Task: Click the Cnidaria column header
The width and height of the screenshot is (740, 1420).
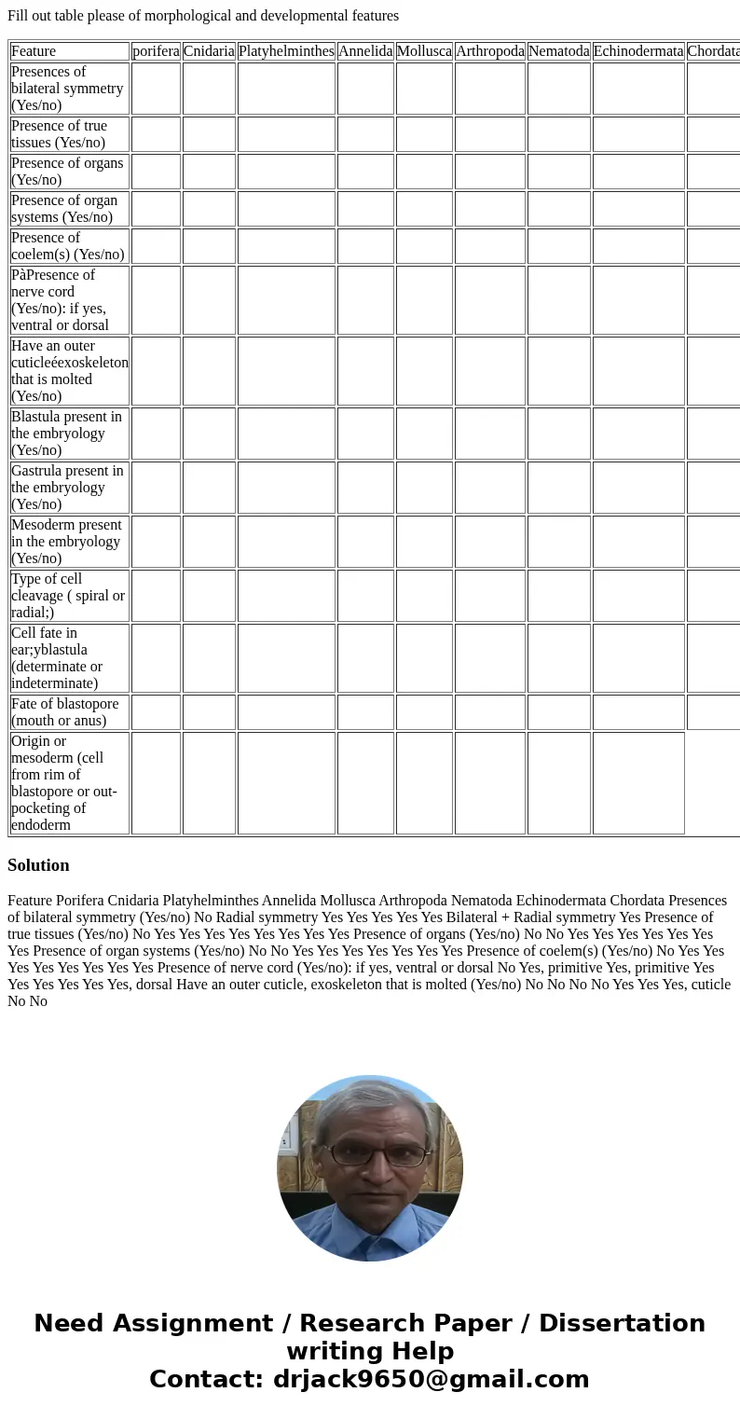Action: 209,51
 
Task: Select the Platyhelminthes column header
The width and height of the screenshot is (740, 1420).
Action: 286,51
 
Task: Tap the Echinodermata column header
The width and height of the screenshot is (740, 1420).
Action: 638,51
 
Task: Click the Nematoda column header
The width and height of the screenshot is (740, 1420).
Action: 558,51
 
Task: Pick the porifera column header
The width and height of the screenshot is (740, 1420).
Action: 156,51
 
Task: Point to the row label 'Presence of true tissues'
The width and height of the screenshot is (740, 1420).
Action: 60,134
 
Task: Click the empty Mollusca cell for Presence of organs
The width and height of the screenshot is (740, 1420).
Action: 424,172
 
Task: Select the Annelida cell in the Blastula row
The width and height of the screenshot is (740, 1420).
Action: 365,434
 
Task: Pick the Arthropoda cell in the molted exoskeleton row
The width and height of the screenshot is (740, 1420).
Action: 490,371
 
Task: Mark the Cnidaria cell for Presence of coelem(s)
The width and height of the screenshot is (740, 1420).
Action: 209,246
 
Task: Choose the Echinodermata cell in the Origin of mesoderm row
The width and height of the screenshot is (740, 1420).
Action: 638,783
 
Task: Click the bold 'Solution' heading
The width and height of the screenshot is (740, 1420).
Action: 38,865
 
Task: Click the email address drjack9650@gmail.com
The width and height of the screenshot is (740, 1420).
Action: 432,1380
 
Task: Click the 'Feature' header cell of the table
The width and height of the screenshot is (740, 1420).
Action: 34,51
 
